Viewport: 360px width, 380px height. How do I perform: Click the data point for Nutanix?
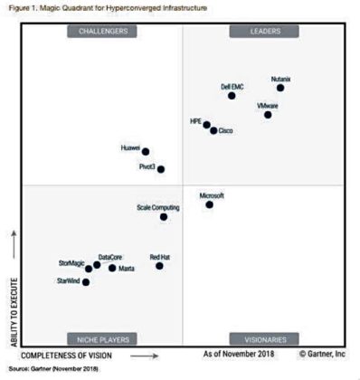coord(280,88)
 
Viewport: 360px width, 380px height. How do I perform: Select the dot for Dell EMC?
coord(232,95)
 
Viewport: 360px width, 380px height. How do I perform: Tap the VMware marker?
coord(268,115)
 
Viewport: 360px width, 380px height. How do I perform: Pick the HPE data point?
coord(206,125)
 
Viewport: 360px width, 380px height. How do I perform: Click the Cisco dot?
coord(213,130)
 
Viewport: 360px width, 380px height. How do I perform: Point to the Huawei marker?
coord(146,152)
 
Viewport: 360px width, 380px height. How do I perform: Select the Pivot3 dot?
coord(161,167)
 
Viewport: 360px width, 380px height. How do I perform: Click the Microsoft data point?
coord(209,204)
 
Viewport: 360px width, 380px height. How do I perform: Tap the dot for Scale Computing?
coord(164,216)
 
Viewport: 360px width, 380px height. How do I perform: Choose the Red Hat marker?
coord(159,265)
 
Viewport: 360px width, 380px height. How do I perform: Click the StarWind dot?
coord(86,282)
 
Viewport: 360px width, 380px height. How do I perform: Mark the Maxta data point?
coord(112,268)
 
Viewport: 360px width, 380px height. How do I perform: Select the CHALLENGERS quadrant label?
coord(103,32)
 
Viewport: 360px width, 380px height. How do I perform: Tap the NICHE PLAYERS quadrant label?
coord(103,339)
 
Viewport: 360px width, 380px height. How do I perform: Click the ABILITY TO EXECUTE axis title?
coord(13,307)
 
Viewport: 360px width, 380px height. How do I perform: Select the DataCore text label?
coord(110,257)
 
